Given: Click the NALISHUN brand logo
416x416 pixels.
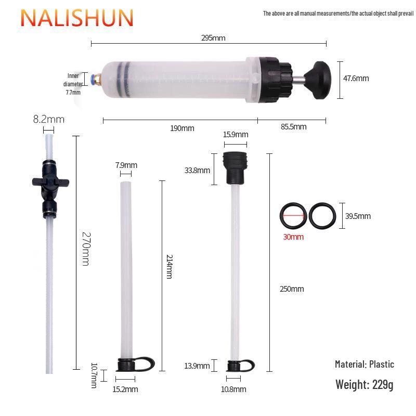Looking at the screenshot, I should (77, 17).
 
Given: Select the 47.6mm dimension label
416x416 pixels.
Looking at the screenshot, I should (356, 79).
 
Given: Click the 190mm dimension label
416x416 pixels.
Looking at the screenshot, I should (182, 128).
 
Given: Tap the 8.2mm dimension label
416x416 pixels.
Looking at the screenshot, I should (49, 119).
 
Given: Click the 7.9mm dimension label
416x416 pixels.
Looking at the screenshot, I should (126, 165).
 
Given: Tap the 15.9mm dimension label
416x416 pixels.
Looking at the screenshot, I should (235, 135).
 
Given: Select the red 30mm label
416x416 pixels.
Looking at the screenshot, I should (293, 237).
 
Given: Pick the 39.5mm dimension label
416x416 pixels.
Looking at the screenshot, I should (358, 216).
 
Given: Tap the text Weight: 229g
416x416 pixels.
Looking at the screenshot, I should (364, 385).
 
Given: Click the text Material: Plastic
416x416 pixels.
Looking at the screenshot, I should (364, 364).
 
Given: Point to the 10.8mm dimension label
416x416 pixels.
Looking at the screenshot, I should (233, 389).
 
